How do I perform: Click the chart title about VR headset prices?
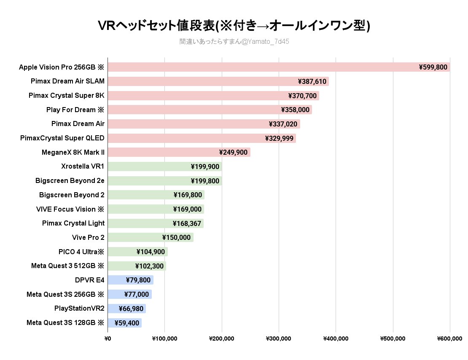[234, 26]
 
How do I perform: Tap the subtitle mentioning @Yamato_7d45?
[234, 42]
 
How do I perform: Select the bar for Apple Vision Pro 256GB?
[261, 67]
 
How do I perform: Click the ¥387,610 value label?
[312, 81]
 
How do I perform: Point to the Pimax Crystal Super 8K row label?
[67, 96]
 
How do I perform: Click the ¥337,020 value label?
[283, 124]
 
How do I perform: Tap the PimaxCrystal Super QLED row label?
[62, 138]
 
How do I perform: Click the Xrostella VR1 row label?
[83, 167]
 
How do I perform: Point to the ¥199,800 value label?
[205, 181]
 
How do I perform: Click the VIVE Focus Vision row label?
[70, 209]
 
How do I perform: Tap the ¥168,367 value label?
[187, 223]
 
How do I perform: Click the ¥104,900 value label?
[151, 252]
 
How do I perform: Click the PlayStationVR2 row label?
[79, 309]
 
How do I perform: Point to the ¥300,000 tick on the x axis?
[279, 339]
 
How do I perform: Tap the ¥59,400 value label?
[126, 323]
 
